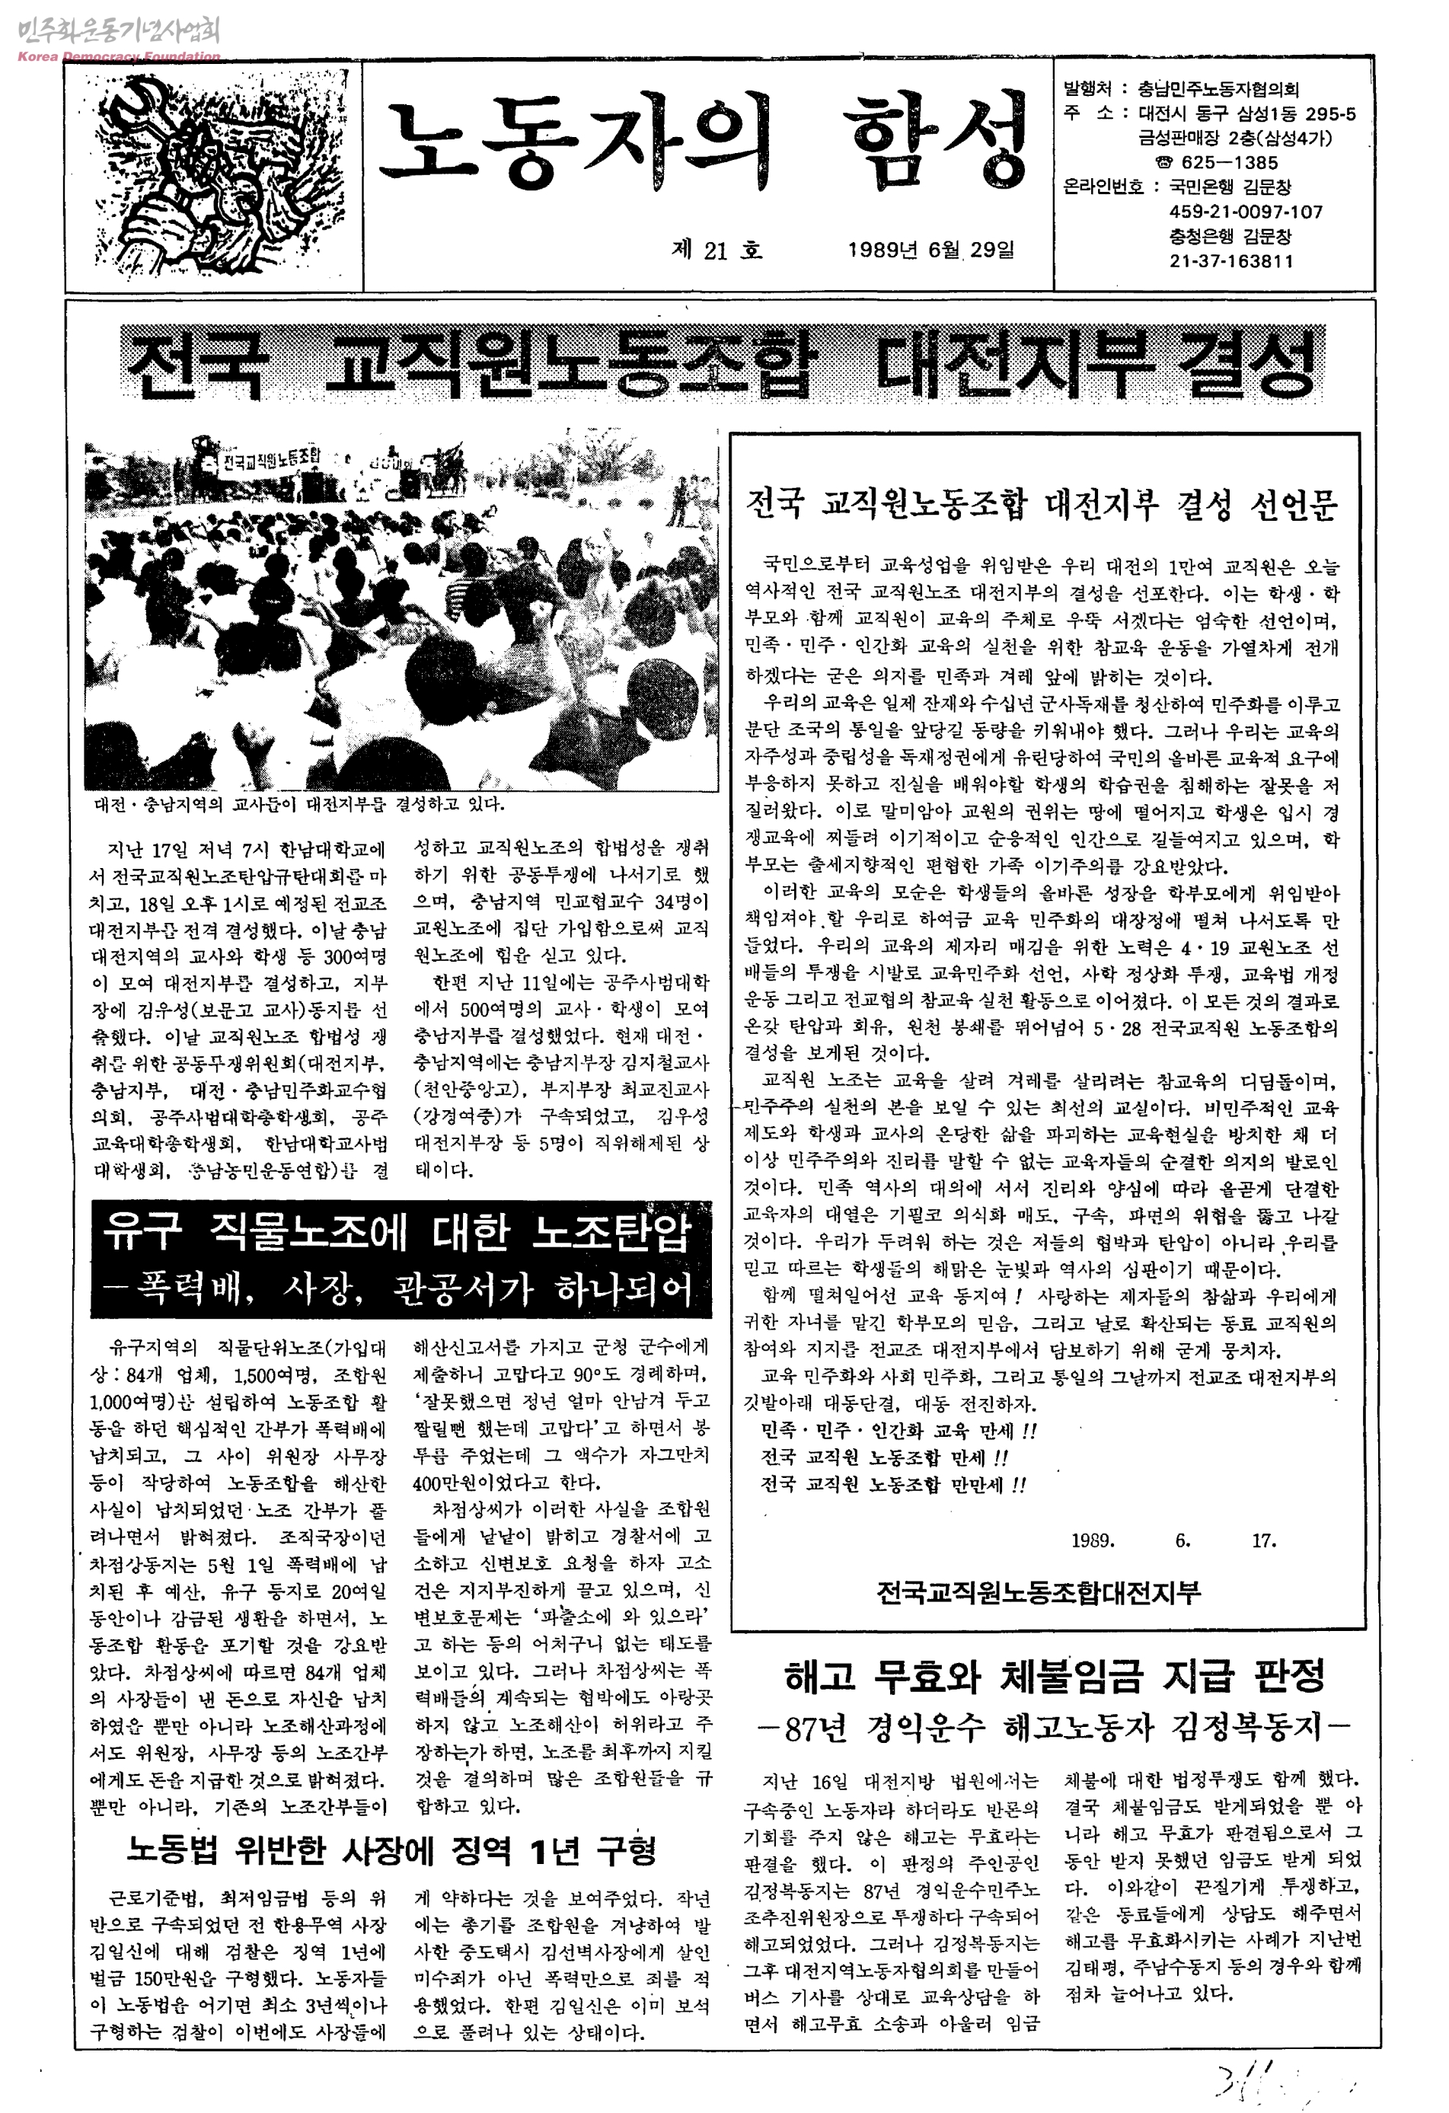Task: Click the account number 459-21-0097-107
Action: click(x=1246, y=212)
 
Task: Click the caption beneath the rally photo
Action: click(x=299, y=805)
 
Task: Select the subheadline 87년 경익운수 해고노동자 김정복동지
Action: click(x=1055, y=1728)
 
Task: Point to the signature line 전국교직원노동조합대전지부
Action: click(x=1038, y=1591)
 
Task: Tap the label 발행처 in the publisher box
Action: click(x=1087, y=89)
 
